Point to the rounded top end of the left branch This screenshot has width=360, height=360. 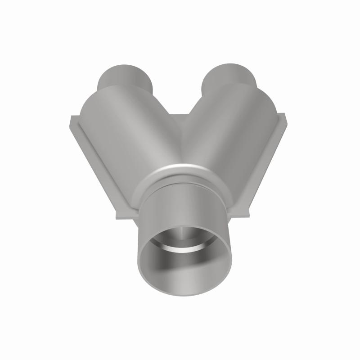coord(115,88)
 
